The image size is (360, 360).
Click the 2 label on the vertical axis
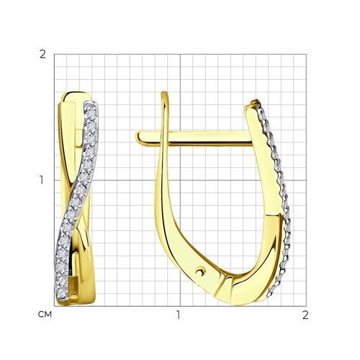[42, 55]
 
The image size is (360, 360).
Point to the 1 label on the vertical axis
[42, 180]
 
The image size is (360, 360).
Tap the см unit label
[45, 315]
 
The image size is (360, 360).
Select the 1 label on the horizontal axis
[178, 315]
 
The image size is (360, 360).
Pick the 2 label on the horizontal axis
[305, 315]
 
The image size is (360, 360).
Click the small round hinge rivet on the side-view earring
[199, 272]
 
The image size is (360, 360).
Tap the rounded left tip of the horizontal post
[138, 138]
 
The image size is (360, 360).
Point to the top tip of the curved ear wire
[164, 92]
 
